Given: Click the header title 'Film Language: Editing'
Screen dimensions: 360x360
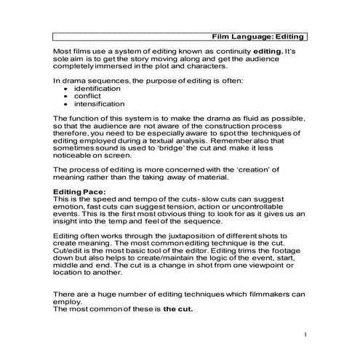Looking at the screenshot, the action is (x=257, y=36).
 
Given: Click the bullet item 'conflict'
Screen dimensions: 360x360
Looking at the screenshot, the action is (x=87, y=96).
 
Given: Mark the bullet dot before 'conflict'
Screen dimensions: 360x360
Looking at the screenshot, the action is (x=66, y=97).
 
